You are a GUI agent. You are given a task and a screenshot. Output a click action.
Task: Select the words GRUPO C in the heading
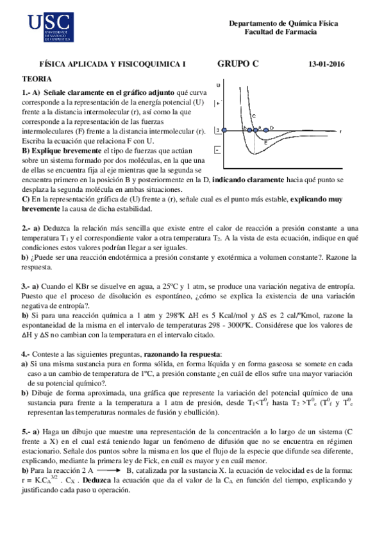click(x=238, y=63)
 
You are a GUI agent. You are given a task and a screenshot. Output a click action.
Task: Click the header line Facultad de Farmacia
click(x=284, y=33)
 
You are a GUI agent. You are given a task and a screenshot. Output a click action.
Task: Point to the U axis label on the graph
click(x=220, y=85)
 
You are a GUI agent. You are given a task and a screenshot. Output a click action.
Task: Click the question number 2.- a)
click(x=32, y=228)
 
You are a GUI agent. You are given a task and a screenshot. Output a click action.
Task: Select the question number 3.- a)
click(x=32, y=285)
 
